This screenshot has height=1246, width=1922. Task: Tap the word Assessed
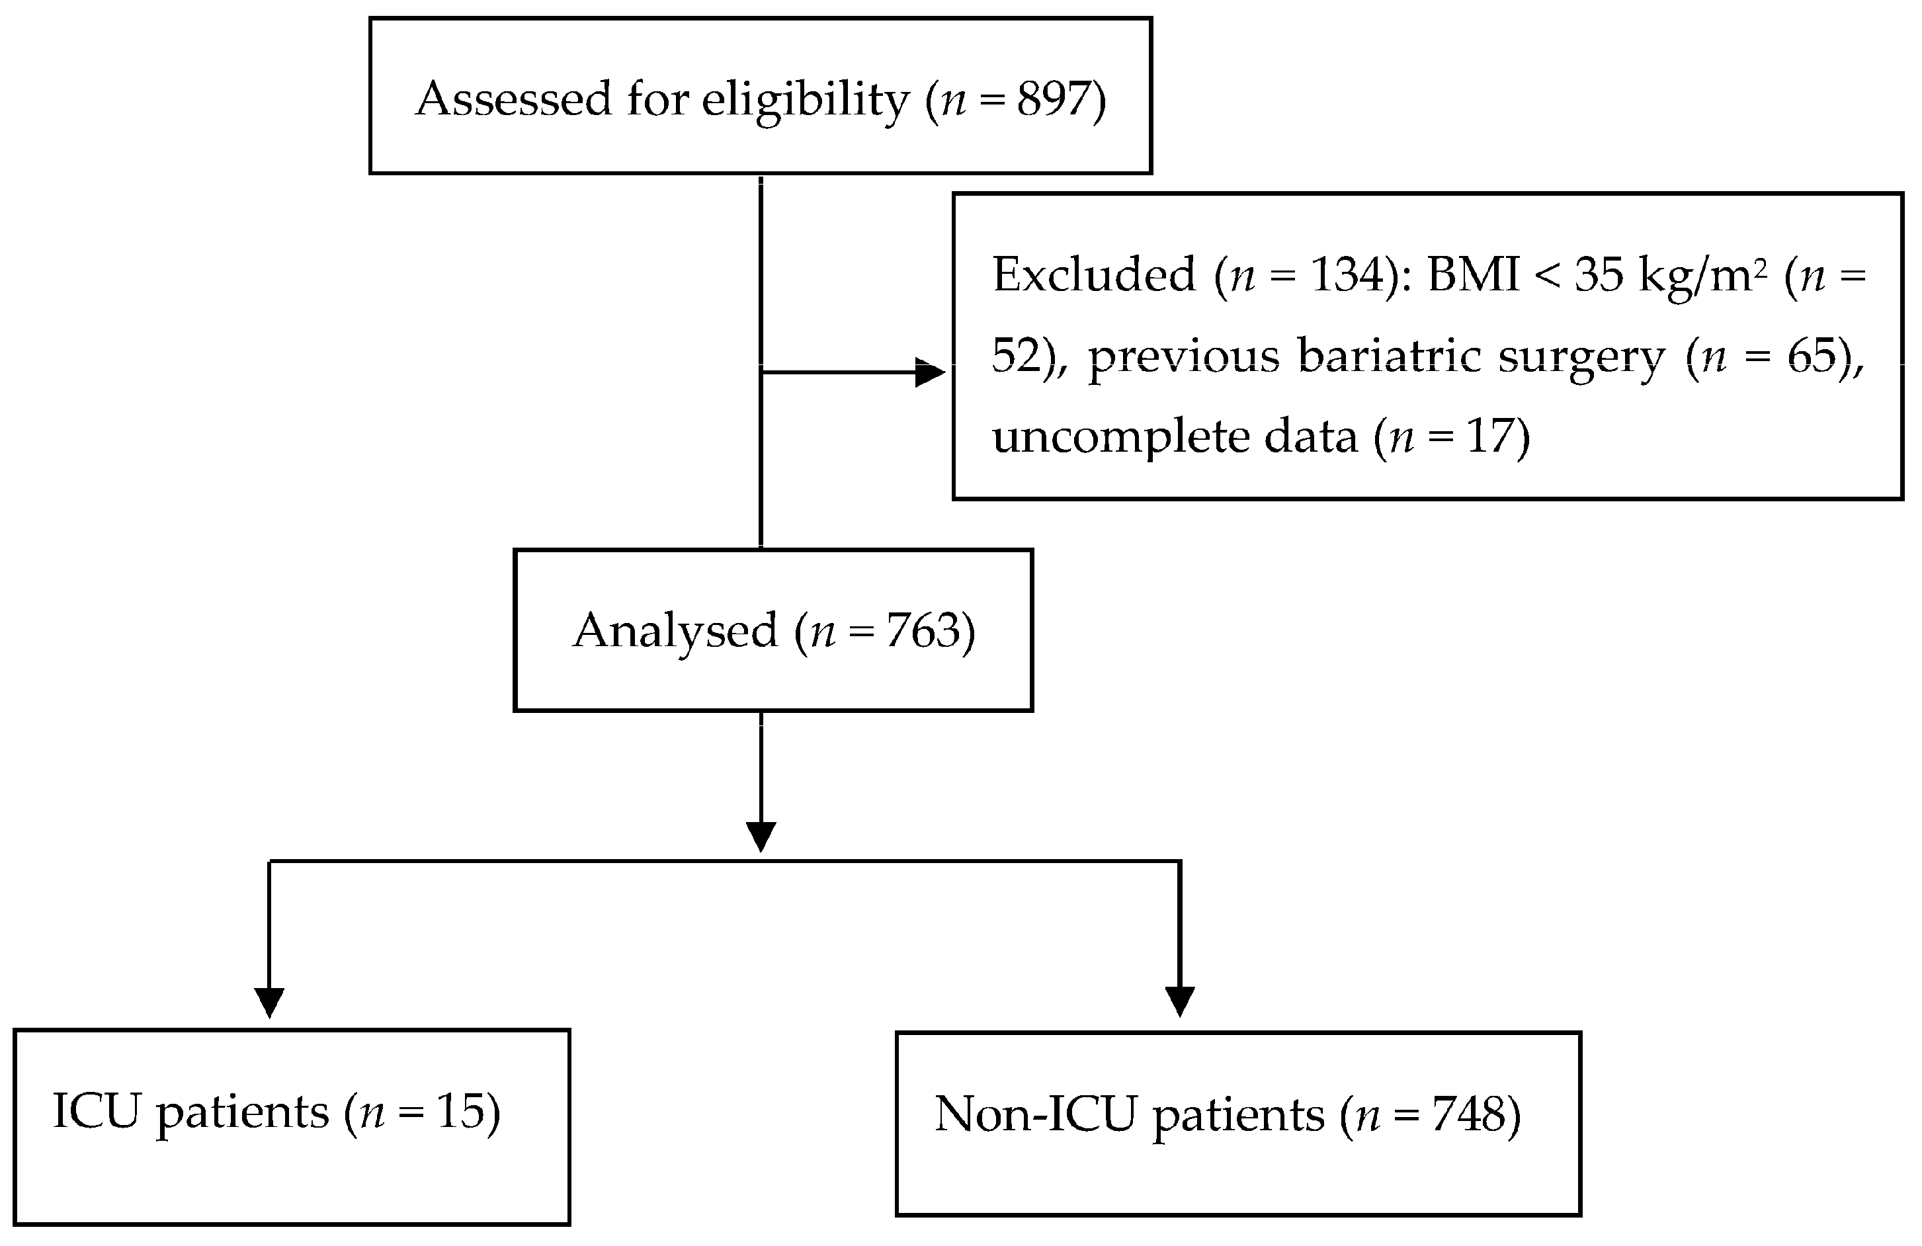click(x=514, y=99)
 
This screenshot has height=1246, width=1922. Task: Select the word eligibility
click(x=805, y=101)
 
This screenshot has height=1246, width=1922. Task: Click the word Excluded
click(x=1093, y=274)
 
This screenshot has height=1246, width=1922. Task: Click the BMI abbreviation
click(x=1473, y=274)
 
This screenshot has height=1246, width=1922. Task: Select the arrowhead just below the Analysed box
click(x=761, y=836)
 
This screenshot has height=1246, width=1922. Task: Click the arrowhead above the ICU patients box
click(x=269, y=1001)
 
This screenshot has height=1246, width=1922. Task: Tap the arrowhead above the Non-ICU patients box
click(x=1180, y=1001)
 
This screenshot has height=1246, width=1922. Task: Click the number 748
click(x=1468, y=1115)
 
